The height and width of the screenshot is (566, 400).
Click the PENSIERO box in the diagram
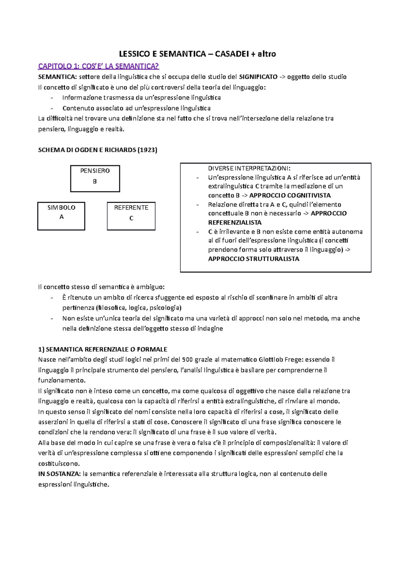(95, 178)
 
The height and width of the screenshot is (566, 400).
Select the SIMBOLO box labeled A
(61, 216)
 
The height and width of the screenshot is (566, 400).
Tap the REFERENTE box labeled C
(131, 216)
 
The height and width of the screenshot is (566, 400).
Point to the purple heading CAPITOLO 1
(98, 66)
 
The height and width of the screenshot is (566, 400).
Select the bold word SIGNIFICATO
(258, 77)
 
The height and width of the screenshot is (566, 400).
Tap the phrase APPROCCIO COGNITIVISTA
(290, 195)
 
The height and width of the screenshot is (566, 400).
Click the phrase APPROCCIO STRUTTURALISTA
(253, 259)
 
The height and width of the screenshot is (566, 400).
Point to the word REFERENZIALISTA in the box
(235, 222)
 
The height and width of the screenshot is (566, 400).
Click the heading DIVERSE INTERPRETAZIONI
(249, 168)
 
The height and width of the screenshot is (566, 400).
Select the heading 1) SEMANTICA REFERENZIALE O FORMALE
(103, 349)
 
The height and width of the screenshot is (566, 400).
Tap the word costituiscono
(59, 463)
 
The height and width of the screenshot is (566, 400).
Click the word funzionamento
(62, 380)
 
